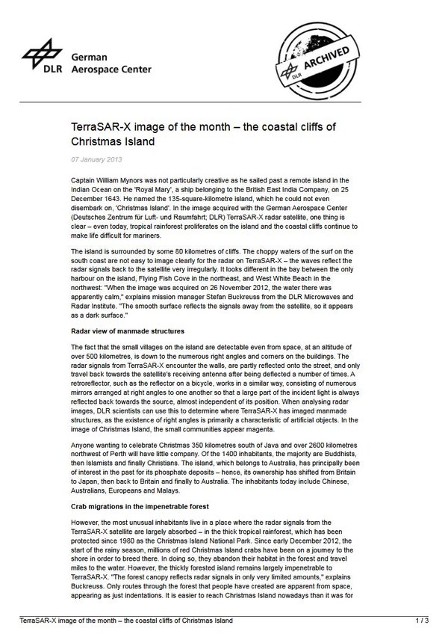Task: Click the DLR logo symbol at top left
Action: (x=39, y=54)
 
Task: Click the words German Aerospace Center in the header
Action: (x=111, y=63)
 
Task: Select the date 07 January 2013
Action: (x=97, y=159)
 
